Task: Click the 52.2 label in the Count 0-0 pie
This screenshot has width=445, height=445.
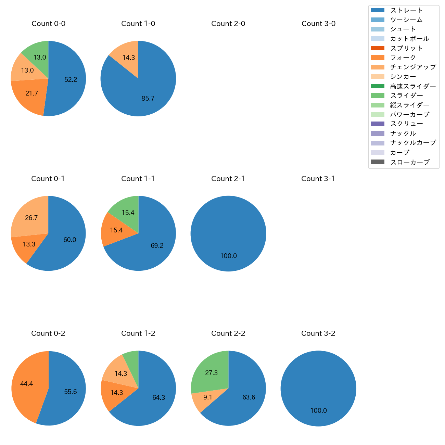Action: pyautogui.click(x=71, y=79)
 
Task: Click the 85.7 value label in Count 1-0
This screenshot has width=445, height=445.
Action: pyautogui.click(x=148, y=99)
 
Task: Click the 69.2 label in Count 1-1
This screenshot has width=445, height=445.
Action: pyautogui.click(x=157, y=245)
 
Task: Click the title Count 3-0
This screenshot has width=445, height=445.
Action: pyautogui.click(x=318, y=24)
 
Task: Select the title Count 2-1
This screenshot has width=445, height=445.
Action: pyautogui.click(x=228, y=179)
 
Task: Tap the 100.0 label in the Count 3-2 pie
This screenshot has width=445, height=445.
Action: pyautogui.click(x=319, y=411)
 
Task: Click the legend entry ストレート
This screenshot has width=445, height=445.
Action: pyautogui.click(x=406, y=10)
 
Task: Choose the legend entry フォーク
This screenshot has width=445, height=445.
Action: pyautogui.click(x=403, y=58)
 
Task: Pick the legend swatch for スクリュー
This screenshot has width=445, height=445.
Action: pyautogui.click(x=378, y=124)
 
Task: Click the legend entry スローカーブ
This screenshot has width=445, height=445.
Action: pyautogui.click(x=410, y=162)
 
